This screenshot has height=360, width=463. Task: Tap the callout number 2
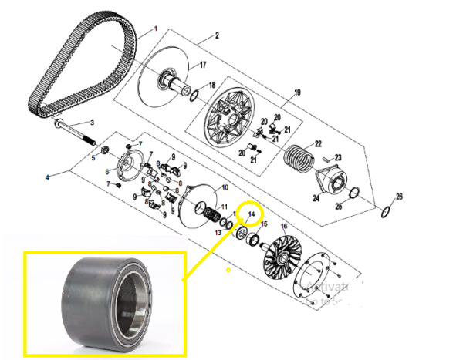click(x=218, y=35)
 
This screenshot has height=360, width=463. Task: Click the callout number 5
click(x=93, y=159)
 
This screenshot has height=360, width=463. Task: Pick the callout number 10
click(x=225, y=187)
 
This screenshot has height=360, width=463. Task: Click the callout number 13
click(x=218, y=232)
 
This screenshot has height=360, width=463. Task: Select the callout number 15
click(x=265, y=224)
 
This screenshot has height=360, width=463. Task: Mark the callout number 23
click(x=338, y=157)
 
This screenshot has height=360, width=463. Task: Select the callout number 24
click(x=315, y=198)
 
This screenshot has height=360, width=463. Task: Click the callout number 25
click(x=338, y=207)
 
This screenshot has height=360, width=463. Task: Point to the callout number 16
click(x=283, y=227)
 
